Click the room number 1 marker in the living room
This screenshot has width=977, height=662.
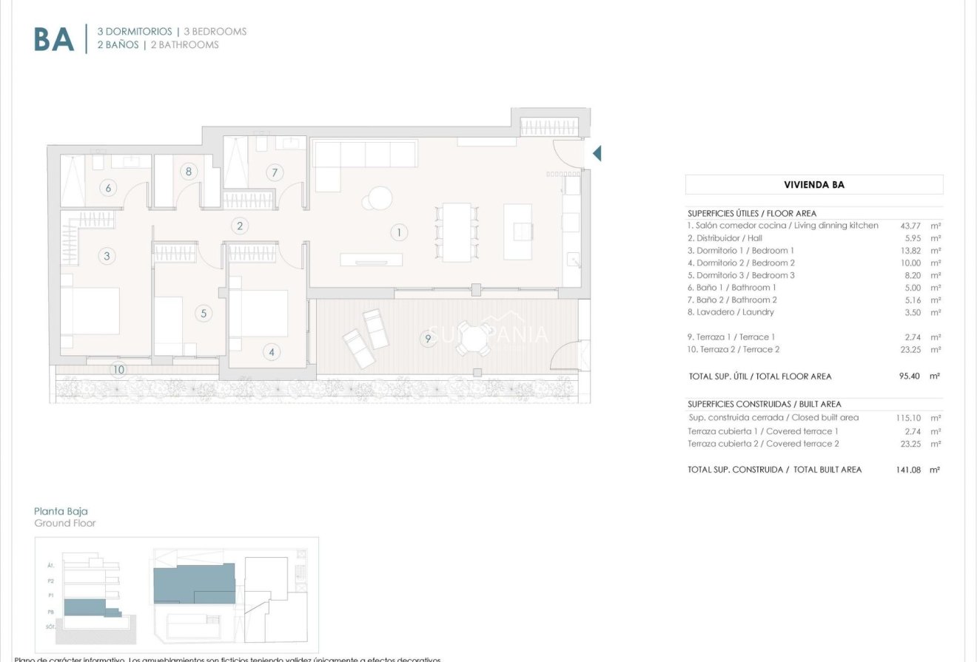(x=399, y=232)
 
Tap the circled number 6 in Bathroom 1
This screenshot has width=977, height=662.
(x=108, y=188)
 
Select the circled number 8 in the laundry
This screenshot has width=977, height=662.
(x=189, y=172)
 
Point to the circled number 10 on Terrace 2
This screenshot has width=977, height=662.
(x=118, y=369)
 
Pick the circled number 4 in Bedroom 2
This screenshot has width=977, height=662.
(x=272, y=352)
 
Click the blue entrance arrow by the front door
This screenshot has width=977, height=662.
(x=597, y=154)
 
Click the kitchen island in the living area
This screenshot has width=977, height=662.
(x=518, y=232)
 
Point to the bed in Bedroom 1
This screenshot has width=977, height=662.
(x=90, y=311)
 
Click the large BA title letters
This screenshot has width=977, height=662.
(x=54, y=39)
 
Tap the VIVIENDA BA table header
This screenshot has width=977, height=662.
(x=813, y=185)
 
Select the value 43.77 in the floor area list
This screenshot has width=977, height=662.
(x=910, y=226)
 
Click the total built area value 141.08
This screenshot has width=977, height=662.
(x=908, y=470)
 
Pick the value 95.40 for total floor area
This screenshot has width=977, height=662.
(x=909, y=376)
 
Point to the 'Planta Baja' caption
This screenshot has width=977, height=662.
(x=61, y=511)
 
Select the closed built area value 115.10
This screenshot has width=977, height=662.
(x=908, y=418)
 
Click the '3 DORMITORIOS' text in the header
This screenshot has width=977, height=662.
(x=134, y=32)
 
